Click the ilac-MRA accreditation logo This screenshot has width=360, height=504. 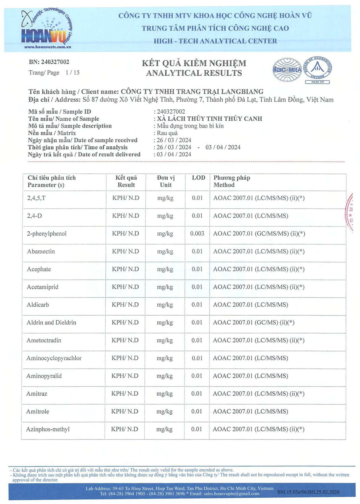pos(287,70)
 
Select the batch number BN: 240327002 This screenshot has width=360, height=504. pos(49,62)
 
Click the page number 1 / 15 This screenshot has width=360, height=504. pos(72,73)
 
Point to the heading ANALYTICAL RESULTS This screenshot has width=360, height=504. pos(194,73)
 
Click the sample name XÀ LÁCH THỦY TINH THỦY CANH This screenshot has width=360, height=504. pos(210,119)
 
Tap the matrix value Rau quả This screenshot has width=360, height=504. pos(167,133)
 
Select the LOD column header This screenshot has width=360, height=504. pos(198,178)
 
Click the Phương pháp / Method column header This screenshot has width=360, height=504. pos(232,181)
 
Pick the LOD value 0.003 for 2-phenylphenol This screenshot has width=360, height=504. pos(197,233)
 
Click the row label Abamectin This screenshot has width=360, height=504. pos(41,251)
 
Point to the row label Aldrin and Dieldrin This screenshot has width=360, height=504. pos(51,323)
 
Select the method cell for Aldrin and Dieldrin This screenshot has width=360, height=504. pos(254,323)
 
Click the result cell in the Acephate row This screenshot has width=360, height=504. pos(125,269)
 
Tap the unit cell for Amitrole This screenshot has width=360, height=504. pos(165,411)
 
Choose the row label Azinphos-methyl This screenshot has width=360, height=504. pos(48,429)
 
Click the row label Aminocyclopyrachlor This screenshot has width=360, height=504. pos(54,358)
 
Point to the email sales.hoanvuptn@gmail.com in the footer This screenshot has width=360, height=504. pos(231,493)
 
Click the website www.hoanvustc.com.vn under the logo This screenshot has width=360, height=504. pos(48,47)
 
